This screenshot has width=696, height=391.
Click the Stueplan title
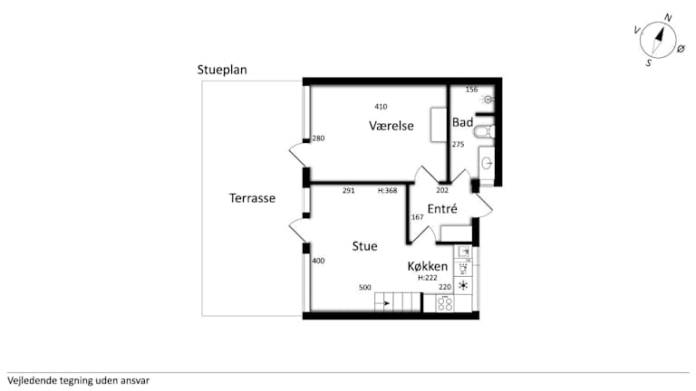222,70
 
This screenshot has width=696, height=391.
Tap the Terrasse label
252,198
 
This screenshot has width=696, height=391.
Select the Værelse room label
391,126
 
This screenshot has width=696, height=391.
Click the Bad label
462,122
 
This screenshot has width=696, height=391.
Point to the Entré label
442,209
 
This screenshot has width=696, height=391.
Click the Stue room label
365,246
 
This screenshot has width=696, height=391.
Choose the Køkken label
428,266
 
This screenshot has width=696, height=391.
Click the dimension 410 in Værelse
381,107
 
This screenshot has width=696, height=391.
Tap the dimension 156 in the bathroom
471,90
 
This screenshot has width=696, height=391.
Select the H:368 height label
388,191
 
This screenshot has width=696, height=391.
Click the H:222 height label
428,278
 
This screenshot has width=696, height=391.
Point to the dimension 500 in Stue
365,287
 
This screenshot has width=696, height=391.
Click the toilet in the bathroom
483,131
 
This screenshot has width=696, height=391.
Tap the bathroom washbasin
487,163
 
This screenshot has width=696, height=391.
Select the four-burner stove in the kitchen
445,304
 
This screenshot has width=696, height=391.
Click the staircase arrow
383,304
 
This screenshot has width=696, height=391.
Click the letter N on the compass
668,18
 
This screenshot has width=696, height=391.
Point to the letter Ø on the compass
681,49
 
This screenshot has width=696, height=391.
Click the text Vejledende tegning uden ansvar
79,380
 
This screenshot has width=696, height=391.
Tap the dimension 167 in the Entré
417,217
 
